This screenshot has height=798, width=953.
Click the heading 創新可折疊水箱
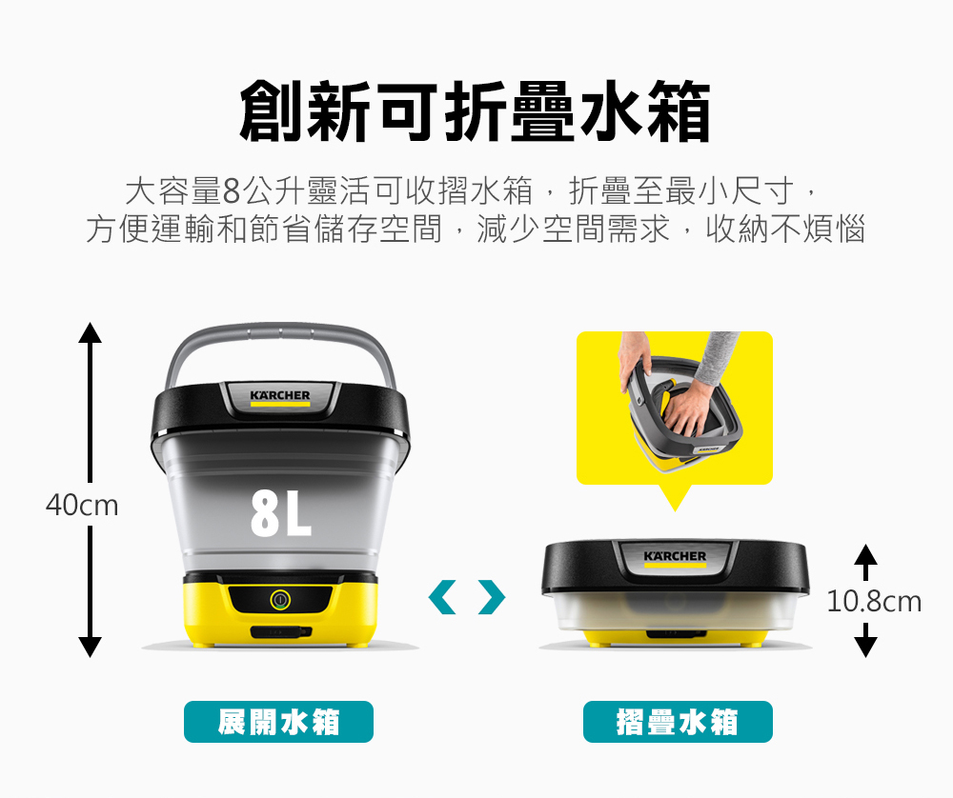click(476, 111)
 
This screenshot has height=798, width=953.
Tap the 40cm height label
click(82, 506)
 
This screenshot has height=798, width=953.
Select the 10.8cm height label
click(874, 601)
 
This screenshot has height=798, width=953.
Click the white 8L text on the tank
click(281, 514)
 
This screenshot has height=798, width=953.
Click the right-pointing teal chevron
click(492, 597)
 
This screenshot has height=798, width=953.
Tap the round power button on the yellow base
click(280, 600)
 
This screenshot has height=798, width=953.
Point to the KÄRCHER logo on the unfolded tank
click(280, 395)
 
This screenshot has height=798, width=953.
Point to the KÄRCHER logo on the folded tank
click(675, 556)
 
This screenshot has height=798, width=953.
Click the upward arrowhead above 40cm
click(90, 332)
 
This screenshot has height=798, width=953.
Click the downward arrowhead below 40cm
click(90, 647)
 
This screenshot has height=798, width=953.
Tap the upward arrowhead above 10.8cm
click(865, 555)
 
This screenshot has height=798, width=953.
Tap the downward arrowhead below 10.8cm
click(865, 647)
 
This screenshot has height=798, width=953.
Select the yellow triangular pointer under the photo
click(675, 497)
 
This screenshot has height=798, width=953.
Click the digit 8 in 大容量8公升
click(232, 191)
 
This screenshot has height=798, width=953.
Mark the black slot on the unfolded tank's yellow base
click(280, 632)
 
